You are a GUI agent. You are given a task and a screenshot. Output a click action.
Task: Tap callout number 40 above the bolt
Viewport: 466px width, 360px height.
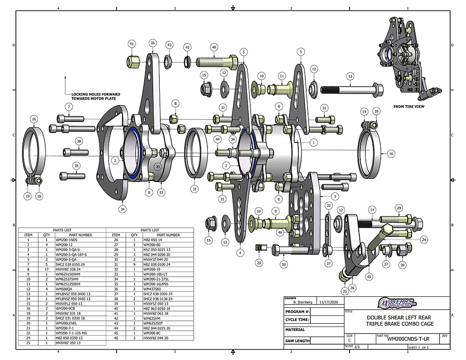pos(214,47)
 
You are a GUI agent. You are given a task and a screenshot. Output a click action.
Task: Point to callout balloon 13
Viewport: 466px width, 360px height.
pos(349,76)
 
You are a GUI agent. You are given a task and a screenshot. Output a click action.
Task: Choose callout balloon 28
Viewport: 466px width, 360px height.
pos(282,264)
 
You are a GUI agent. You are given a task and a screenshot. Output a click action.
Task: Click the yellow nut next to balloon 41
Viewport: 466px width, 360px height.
pos(131,61)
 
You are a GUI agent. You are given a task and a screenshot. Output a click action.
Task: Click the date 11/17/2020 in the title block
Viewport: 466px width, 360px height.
pos(325,301)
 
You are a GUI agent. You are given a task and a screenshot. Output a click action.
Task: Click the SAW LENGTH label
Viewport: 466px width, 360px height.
pos(297,341)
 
